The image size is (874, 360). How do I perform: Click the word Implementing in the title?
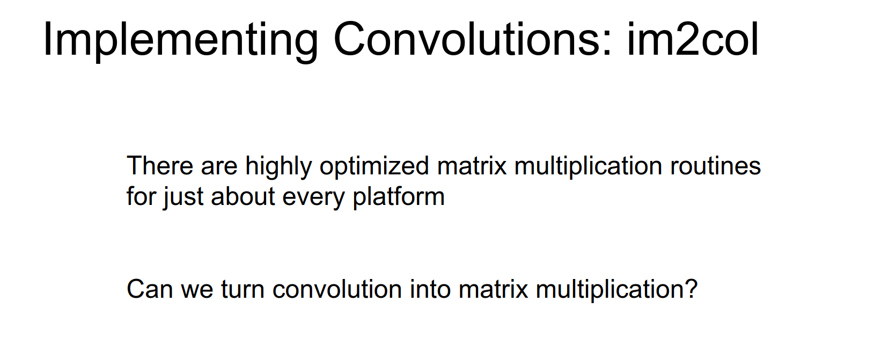[x=181, y=41]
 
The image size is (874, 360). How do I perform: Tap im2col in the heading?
[x=693, y=39]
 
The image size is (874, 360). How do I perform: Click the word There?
[x=160, y=165]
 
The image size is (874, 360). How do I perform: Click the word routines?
[x=716, y=165]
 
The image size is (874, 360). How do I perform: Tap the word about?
[x=243, y=196]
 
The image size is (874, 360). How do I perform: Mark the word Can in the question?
[x=150, y=289]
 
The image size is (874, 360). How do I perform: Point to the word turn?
[x=243, y=290]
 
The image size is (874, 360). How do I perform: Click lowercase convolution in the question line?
[x=337, y=289]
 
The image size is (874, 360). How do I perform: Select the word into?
[x=430, y=289]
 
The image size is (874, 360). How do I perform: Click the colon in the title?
[x=607, y=44]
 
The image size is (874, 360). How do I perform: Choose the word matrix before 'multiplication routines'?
[x=472, y=165]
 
